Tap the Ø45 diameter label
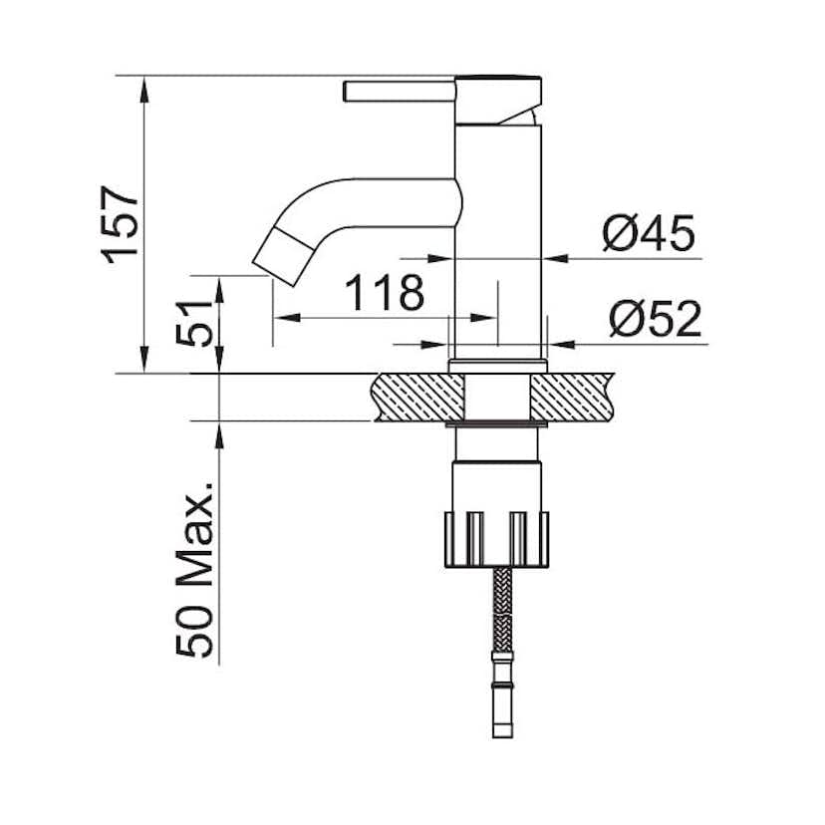point(648,235)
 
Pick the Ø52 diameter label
point(656,321)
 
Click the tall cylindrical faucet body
point(498,239)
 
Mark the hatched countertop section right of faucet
point(573,397)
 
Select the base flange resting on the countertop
point(498,365)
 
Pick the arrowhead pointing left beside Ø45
point(556,258)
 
